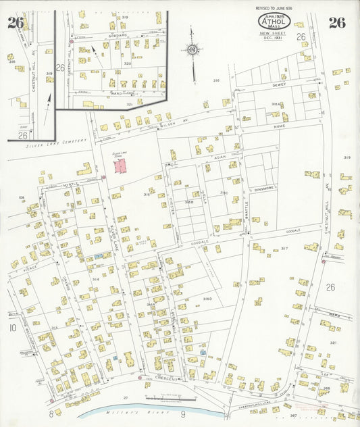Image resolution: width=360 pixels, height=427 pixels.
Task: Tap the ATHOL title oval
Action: coord(274,22)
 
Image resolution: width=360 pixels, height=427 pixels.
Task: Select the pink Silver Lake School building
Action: coord(120,166)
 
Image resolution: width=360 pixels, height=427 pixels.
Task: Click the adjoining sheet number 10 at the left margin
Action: coord(12,328)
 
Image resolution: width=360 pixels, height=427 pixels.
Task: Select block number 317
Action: coord(284,249)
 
